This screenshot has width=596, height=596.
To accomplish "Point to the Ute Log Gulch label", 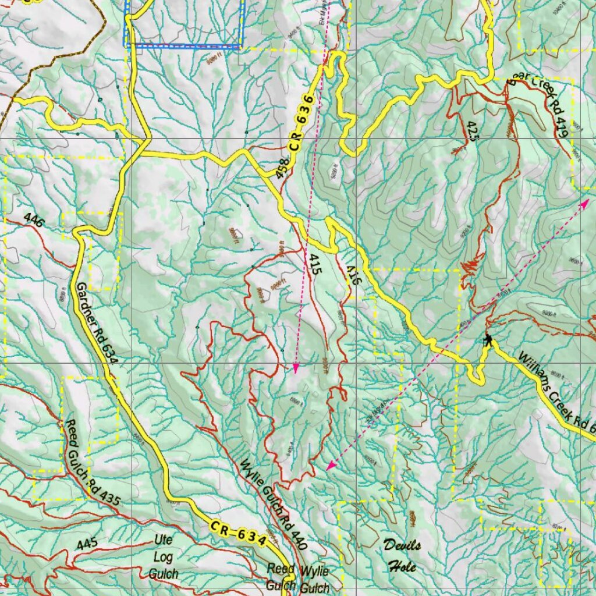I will coord(164,556).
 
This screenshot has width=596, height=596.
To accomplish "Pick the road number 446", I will coord(34,219).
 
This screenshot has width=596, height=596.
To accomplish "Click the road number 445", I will coord(87,544).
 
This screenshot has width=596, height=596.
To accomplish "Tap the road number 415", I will coord(316,265).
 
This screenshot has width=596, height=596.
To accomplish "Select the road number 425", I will coord(471,131).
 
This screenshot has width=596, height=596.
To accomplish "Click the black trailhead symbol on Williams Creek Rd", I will coord(488,339).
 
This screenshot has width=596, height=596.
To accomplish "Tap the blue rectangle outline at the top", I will coord(183,46).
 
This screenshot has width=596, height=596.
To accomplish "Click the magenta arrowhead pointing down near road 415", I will coord(296,368).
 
